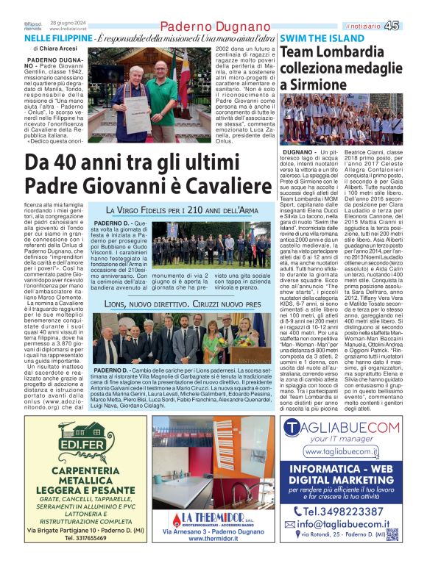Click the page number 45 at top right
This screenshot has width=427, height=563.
tap(412, 25)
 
